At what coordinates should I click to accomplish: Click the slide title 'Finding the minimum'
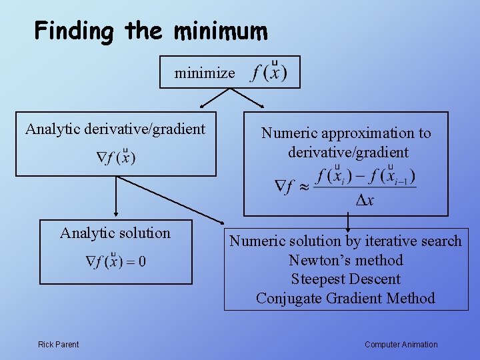click(x=151, y=31)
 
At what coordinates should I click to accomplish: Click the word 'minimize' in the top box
click(x=205, y=73)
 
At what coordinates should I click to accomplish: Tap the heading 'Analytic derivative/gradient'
click(x=115, y=129)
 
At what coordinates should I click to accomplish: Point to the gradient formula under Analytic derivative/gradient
click(x=116, y=158)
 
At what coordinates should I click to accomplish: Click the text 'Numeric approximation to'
click(x=346, y=133)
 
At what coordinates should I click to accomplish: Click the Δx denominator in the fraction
click(x=365, y=201)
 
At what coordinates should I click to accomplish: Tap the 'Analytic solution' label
click(x=115, y=233)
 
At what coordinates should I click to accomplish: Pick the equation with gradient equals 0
click(x=116, y=261)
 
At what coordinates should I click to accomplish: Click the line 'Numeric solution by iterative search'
click(x=345, y=241)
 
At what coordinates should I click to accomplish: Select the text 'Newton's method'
click(x=345, y=260)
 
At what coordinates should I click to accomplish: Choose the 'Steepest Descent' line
click(x=345, y=279)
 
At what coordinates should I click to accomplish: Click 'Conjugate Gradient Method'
click(x=345, y=298)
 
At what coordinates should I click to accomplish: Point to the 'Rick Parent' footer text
click(x=58, y=345)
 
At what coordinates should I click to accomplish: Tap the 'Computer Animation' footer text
click(x=401, y=345)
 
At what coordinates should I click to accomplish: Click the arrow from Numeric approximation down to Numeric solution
click(x=347, y=222)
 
